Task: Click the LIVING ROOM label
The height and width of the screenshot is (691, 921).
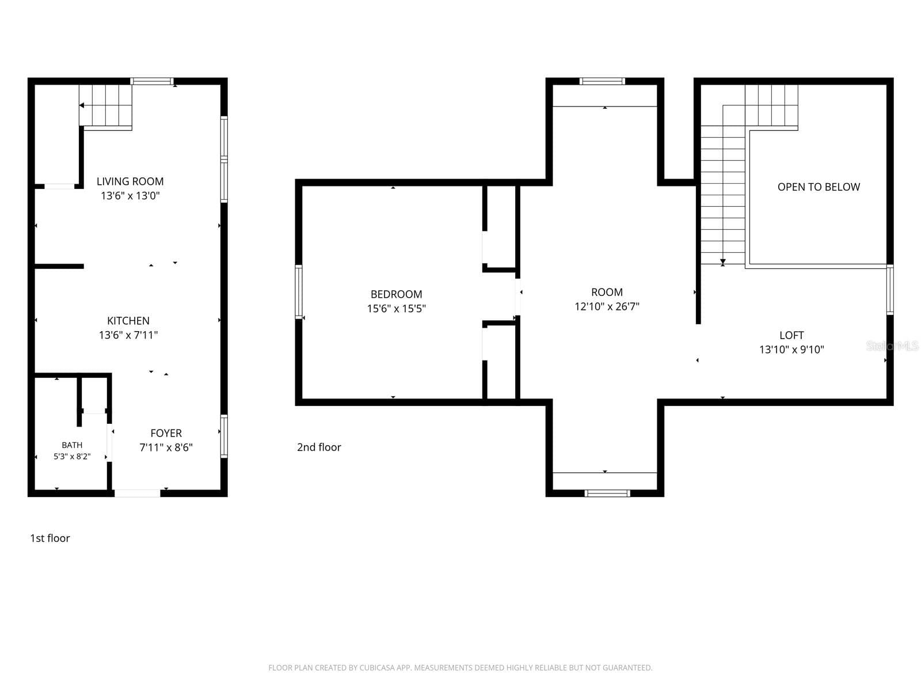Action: coord(130,181)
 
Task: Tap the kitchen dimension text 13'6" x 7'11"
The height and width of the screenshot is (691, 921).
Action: coord(128,335)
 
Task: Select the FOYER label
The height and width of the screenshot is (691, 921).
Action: coord(166,433)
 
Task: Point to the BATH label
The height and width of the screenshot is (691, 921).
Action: coord(72,445)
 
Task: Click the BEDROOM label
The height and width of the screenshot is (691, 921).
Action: coord(397,294)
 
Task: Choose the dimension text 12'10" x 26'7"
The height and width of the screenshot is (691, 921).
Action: coord(607,306)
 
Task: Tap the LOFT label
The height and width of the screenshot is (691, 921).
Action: coord(791,335)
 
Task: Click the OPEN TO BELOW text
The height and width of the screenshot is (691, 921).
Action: coord(819,187)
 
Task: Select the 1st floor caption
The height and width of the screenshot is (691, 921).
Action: coord(50,538)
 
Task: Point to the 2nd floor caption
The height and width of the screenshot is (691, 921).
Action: coord(319,447)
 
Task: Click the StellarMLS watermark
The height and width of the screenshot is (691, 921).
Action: coord(892,345)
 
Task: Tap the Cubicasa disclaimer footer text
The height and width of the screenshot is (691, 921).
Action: coord(461,667)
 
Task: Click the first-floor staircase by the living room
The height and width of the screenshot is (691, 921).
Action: coord(106,105)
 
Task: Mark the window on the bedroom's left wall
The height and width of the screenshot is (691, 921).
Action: coord(299,292)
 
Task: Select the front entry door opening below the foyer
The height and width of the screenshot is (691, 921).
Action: coord(138,493)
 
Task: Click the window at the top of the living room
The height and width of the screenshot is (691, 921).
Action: coord(152,81)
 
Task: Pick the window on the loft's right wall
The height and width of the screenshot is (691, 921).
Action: coord(890,290)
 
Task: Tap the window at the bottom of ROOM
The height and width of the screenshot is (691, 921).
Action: coord(607,493)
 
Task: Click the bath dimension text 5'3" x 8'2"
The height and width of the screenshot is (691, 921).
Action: coord(72,457)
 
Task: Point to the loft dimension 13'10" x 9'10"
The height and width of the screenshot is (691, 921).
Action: coord(791,350)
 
